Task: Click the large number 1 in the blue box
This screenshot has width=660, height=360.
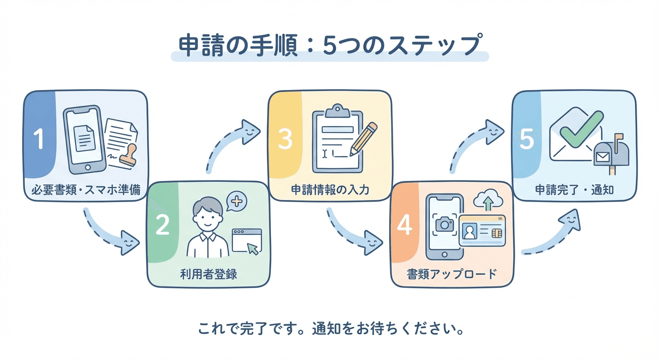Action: [x=38, y=139]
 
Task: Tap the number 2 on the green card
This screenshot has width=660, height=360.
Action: [x=162, y=225]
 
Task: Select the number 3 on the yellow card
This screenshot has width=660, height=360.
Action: [x=285, y=139]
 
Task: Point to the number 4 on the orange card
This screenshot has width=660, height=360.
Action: [x=404, y=225]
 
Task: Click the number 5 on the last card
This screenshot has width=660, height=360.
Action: [x=527, y=139]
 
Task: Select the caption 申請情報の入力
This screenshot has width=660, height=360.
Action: [x=330, y=190]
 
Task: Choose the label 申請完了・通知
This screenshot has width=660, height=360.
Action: [x=574, y=190]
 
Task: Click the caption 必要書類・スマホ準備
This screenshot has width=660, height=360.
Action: [x=85, y=190]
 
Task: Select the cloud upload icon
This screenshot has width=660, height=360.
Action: [x=488, y=201]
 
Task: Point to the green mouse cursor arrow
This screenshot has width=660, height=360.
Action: [x=253, y=248]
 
